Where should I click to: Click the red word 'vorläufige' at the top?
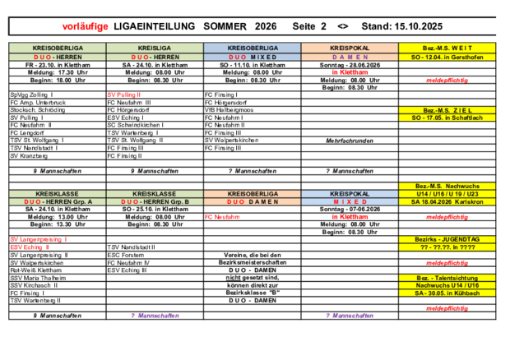[x=85, y=26]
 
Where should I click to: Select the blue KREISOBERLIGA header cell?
[x=253, y=48]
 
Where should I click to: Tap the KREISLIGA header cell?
[x=155, y=48]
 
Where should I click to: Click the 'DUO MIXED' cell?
[x=253, y=57]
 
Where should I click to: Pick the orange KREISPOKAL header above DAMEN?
[x=350, y=48]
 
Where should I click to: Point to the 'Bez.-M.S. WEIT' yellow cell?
[x=447, y=48]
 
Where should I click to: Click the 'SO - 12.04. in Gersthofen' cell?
[x=447, y=57]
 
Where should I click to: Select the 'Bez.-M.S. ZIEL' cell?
[x=447, y=110]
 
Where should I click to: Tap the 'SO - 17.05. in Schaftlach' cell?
[x=447, y=118]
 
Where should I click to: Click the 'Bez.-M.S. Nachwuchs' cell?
[x=447, y=186]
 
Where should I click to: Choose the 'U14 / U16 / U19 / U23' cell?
[x=447, y=194]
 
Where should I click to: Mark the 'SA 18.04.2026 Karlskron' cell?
[x=447, y=201]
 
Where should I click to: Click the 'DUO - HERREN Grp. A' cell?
[x=58, y=201]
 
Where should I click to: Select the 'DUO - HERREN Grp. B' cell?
[x=155, y=201]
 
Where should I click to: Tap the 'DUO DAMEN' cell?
[x=253, y=201]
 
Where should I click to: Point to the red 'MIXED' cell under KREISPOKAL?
[x=350, y=201]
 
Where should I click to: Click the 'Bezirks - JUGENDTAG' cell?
[x=447, y=239]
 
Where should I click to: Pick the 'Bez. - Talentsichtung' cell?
[x=447, y=278]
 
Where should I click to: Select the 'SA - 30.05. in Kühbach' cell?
[x=447, y=293]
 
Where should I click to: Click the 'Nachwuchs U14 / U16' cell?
[x=447, y=285]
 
